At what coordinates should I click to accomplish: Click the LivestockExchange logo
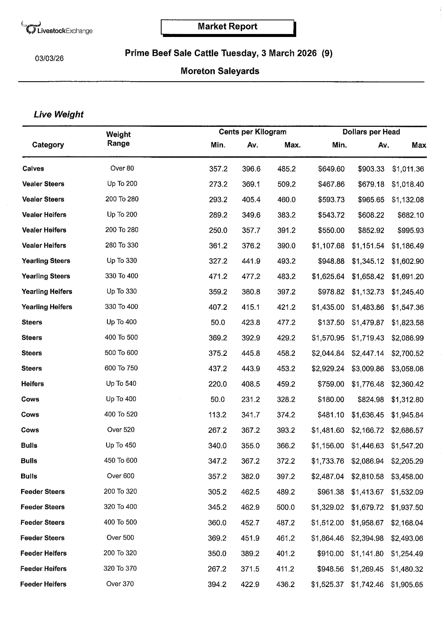tap(56, 28)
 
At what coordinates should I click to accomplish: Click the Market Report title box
tap(227, 27)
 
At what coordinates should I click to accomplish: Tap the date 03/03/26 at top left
tap(49, 58)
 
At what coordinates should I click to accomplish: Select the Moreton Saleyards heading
tap(220, 71)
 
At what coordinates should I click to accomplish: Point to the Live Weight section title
tap(58, 114)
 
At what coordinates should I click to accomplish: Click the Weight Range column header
tap(118, 139)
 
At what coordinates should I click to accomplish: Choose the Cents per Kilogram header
tap(252, 132)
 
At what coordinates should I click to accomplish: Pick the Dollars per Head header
tap(371, 132)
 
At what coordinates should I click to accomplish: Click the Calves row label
tap(33, 168)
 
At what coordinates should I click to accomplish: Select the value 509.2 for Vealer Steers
tap(286, 184)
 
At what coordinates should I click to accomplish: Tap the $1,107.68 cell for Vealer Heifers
tap(328, 246)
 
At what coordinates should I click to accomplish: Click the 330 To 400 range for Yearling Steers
tap(122, 276)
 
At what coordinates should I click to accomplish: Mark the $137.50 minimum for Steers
tap(331, 322)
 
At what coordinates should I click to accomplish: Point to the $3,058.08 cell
tap(407, 369)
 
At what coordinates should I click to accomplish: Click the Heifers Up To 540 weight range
tap(121, 384)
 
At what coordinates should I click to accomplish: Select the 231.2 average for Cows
tap(251, 399)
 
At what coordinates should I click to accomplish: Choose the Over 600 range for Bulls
tap(120, 476)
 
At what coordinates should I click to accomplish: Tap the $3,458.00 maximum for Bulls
tap(407, 477)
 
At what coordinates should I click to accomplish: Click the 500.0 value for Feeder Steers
tap(286, 507)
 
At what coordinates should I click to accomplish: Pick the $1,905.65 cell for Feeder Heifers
tap(407, 584)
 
